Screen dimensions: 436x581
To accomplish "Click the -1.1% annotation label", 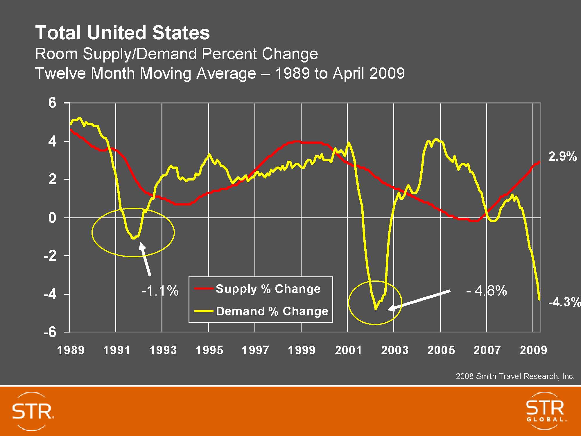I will tap(160, 291).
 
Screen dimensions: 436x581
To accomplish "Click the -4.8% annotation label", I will tap(486, 291).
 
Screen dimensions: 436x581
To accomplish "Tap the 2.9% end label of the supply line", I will tap(562, 157).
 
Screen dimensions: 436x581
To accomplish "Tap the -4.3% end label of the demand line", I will tap(564, 302).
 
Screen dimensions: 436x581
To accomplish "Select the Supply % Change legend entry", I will tap(268, 289).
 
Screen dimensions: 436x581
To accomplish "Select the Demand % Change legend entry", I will tap(272, 311).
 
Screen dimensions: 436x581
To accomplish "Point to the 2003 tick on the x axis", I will tap(394, 350).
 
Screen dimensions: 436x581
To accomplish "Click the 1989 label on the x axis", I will tap(71, 350).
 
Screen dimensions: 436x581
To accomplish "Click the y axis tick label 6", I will tap(52, 103).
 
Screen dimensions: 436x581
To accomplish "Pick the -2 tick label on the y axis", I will tap(50, 256).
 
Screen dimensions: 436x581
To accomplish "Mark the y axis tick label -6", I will tap(50, 332).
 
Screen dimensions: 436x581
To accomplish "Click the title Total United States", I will tap(122, 33).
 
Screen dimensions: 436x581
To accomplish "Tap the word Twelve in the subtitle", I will tap(60, 73).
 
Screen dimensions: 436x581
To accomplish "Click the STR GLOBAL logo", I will tap(545, 411).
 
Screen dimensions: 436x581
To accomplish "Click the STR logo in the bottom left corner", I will tap(33, 411).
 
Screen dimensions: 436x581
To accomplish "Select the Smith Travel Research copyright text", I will tap(515, 376).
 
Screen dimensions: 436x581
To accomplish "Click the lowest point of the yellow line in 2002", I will tap(375, 309).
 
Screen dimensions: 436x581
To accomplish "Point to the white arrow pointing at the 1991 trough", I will tap(145, 259).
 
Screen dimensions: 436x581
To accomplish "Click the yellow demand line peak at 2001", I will tap(348, 143).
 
